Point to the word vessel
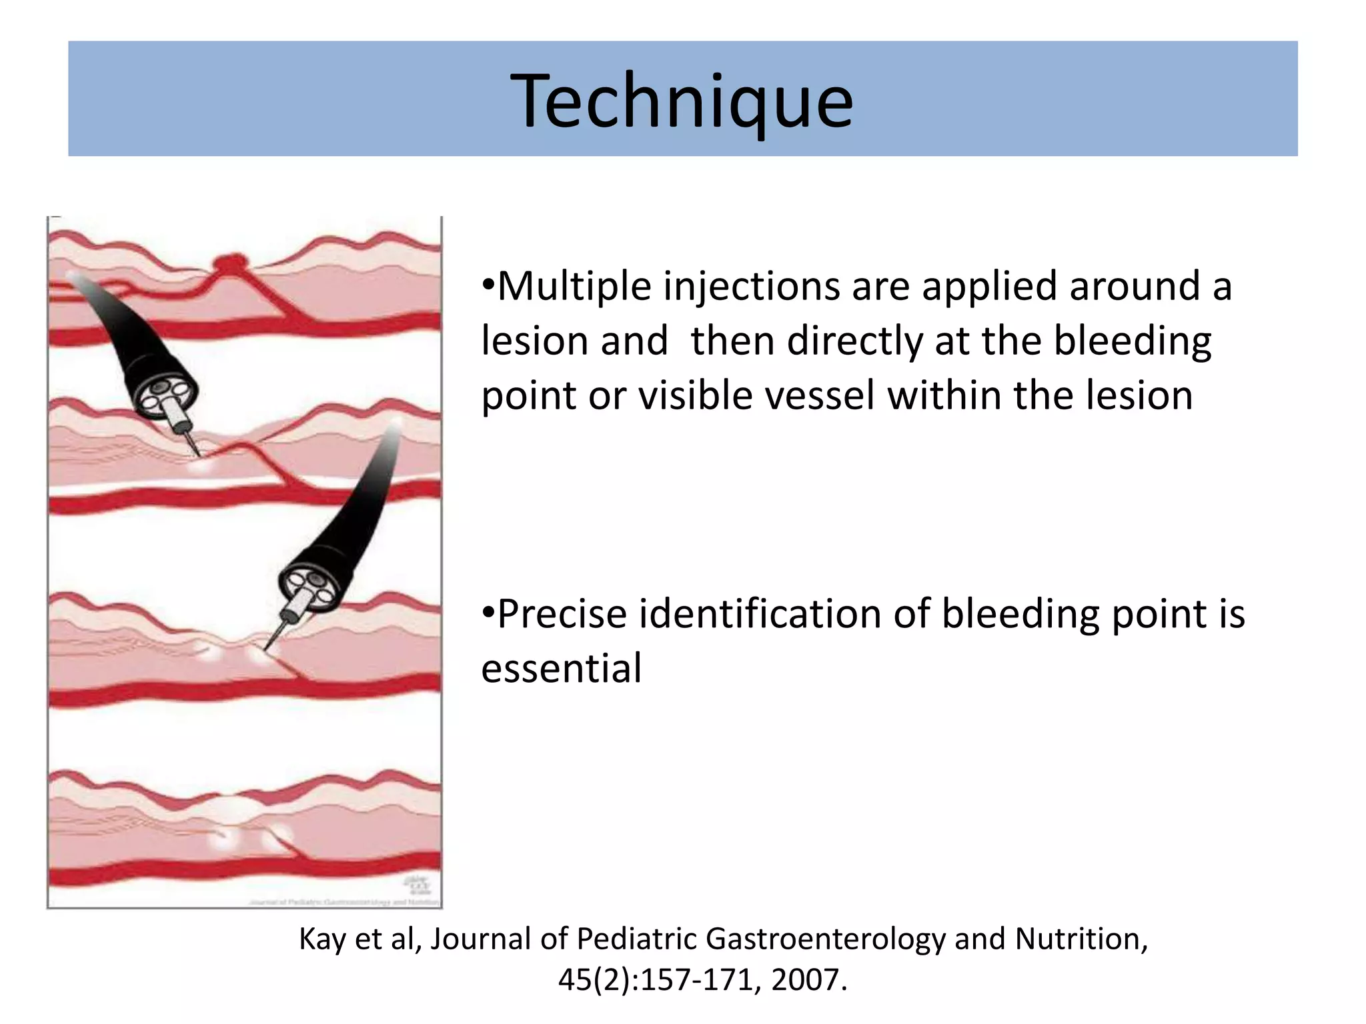click(x=820, y=395)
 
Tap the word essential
click(x=561, y=668)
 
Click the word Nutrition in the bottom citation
click(x=1080, y=939)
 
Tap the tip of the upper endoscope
click(x=166, y=396)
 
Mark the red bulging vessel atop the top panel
click(x=231, y=262)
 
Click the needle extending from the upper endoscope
click(x=191, y=443)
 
